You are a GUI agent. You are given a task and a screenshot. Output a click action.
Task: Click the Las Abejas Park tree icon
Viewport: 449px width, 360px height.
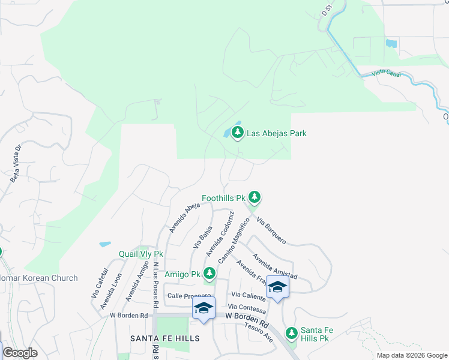tap(237, 133)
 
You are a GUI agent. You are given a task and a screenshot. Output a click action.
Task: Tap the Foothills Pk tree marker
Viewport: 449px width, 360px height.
tap(255, 196)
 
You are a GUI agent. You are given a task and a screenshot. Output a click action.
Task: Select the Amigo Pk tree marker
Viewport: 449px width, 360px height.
tap(209, 274)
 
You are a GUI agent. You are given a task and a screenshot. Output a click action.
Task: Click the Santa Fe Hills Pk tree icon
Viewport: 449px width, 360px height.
tap(292, 332)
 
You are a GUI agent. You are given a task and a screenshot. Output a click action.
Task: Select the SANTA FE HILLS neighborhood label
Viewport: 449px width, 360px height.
tap(165, 338)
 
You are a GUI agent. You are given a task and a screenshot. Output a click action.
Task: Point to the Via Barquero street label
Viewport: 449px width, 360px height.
tap(271, 230)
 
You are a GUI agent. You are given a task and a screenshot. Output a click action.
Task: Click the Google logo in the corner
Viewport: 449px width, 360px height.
tap(20, 353)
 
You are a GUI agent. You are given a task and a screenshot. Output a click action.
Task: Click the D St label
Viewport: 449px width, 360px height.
tap(327, 10)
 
